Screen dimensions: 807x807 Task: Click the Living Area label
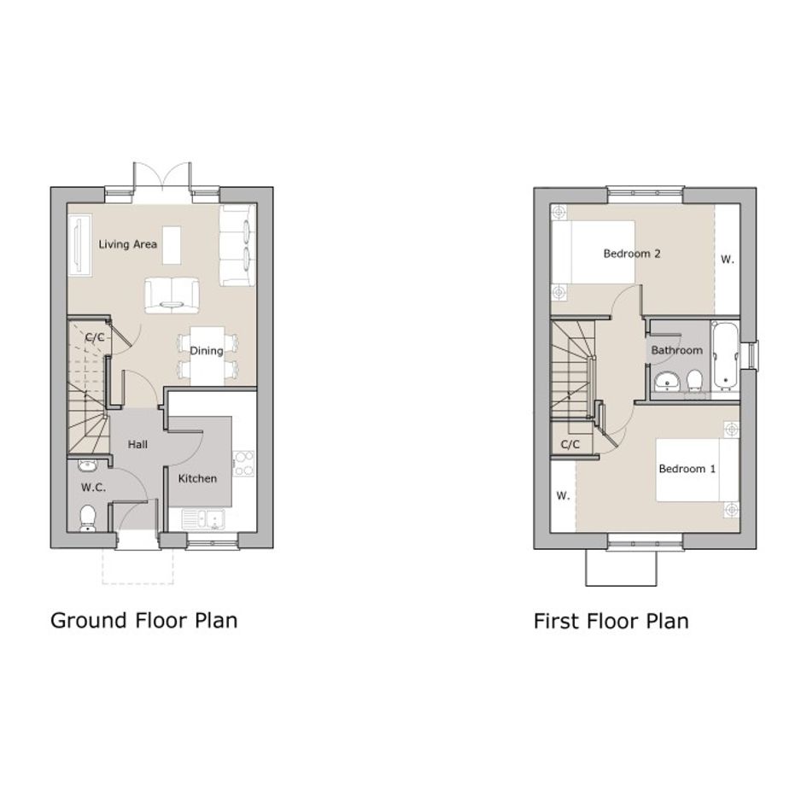coord(127,244)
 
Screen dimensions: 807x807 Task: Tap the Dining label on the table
coord(207,350)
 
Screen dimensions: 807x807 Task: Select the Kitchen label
coord(197,478)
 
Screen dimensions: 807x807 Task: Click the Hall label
coord(137,444)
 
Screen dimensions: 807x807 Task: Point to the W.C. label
coord(93,487)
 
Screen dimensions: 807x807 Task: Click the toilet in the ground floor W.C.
coord(88,518)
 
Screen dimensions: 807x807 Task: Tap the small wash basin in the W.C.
coord(87,465)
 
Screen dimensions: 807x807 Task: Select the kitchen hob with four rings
coord(243,464)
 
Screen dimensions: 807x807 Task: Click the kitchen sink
coord(203,519)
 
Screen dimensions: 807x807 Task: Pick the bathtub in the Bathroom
coord(725,357)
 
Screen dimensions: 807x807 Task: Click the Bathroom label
coord(677,350)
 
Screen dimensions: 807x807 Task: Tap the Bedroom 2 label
coord(631,254)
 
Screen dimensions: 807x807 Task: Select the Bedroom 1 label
coord(687,468)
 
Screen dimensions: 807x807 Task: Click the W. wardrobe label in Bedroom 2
coord(728,260)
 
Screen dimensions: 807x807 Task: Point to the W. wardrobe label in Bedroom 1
coord(563,495)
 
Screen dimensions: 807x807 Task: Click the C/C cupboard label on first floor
coord(570,444)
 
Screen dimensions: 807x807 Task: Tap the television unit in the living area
coord(80,245)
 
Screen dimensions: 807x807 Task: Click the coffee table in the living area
coord(172,245)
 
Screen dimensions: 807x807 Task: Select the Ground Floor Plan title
coord(144,620)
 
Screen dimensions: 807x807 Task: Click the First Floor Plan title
coord(611,621)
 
